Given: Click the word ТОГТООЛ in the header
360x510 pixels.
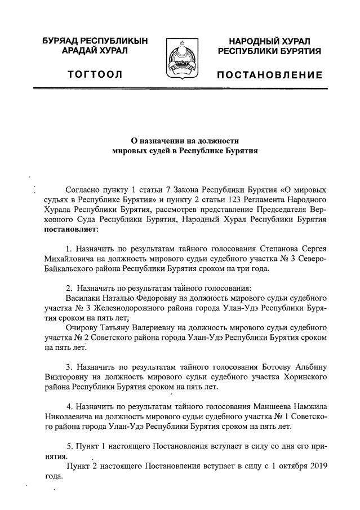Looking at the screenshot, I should pos(95,75).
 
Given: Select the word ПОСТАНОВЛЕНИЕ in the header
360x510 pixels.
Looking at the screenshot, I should pos(270,75).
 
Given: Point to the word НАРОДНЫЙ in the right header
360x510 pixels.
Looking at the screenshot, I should pos(252,41).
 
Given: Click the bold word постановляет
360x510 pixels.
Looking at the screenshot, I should pos(70,229).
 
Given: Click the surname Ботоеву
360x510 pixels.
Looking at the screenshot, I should pos(268,367).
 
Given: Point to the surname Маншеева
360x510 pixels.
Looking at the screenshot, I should pos(269,407).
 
